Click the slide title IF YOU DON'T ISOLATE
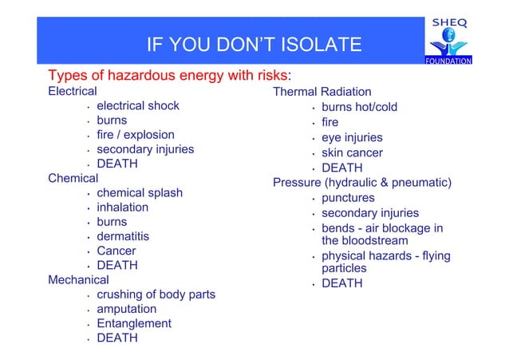[x=254, y=45]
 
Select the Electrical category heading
[x=73, y=92]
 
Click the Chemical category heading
[x=73, y=178]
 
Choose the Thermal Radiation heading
[x=322, y=93]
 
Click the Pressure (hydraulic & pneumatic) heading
[x=362, y=183]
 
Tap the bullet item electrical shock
[x=137, y=106]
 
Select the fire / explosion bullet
[x=135, y=135]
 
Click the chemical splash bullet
[x=139, y=193]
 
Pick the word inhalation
[x=122, y=208]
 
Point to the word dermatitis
[x=123, y=236]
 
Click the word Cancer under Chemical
[x=116, y=251]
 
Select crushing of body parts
[x=156, y=295]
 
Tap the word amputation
[x=126, y=309]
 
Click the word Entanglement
[x=133, y=323]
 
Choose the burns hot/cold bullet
[x=359, y=108]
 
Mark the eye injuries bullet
[x=352, y=138]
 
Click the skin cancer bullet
[x=352, y=153]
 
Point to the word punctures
[x=348, y=198]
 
